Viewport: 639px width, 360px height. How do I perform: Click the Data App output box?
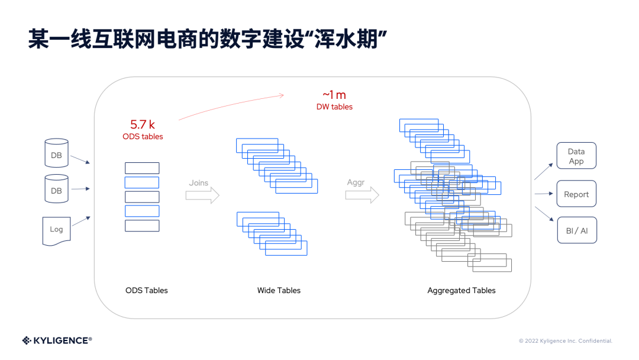point(576,156)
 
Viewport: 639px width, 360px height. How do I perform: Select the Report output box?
point(576,194)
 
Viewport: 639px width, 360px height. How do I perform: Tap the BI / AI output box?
point(576,230)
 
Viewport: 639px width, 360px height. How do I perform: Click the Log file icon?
point(56,230)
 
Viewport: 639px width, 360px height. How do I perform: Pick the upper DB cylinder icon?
point(56,153)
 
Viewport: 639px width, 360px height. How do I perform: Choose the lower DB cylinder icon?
point(56,189)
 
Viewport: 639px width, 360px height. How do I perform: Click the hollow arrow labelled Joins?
point(202,195)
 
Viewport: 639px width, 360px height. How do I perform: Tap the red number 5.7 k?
point(143,124)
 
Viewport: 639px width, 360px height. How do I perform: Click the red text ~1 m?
point(334,95)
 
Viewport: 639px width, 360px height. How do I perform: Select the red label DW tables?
point(334,107)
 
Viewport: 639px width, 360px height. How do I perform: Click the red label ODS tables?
point(143,137)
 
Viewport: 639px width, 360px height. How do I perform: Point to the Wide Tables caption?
point(279,291)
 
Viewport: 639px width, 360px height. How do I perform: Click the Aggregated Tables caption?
point(461,291)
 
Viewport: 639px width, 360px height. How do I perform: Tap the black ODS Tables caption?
point(146,291)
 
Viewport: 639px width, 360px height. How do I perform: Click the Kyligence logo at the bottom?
point(57,340)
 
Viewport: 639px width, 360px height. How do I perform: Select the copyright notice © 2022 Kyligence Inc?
point(565,341)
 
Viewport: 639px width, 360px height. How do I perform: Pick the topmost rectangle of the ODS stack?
point(142,168)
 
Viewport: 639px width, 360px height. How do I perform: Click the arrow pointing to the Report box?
point(543,194)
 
